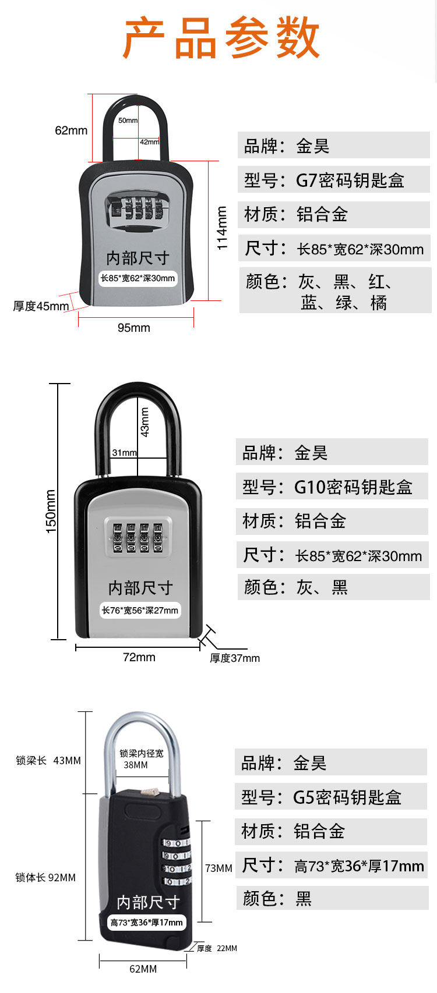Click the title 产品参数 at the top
(x=221, y=38)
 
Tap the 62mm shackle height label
(x=71, y=130)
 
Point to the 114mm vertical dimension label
(x=222, y=228)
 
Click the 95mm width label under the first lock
(x=134, y=328)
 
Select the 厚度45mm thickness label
(x=41, y=306)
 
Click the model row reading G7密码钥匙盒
(x=333, y=180)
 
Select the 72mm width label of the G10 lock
(x=139, y=657)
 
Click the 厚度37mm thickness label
(x=235, y=658)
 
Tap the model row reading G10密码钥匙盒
(x=332, y=487)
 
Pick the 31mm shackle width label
(x=124, y=453)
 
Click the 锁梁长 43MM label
(x=48, y=761)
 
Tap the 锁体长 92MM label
(x=45, y=878)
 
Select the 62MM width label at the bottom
(x=143, y=969)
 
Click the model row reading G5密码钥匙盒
(x=331, y=797)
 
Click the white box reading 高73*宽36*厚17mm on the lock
(x=147, y=923)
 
